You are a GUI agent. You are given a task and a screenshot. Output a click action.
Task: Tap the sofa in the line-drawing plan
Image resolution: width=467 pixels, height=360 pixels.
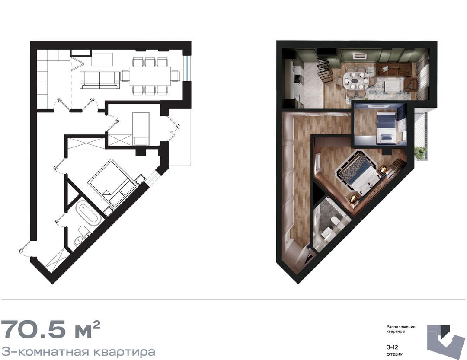click(x=100, y=80)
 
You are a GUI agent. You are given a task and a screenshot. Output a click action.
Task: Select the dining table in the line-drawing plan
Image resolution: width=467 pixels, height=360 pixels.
click(x=150, y=76)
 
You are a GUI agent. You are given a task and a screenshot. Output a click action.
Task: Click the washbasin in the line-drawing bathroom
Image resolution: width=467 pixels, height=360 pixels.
click(x=78, y=241)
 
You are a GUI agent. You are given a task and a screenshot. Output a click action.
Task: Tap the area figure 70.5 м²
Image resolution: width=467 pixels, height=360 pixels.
click(x=51, y=330)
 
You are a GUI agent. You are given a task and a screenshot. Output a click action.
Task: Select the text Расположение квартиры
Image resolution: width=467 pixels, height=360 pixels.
click(x=400, y=329)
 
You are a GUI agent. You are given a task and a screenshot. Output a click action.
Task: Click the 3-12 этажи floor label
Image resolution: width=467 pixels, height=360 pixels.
click(x=395, y=350)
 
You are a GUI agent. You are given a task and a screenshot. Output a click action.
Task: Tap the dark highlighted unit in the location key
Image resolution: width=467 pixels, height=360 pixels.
click(x=445, y=330)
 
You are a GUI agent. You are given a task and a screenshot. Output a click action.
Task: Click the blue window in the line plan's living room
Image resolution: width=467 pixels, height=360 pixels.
click(x=186, y=68)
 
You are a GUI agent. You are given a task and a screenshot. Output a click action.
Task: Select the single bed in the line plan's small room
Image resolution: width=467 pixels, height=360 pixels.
click(x=141, y=128)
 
